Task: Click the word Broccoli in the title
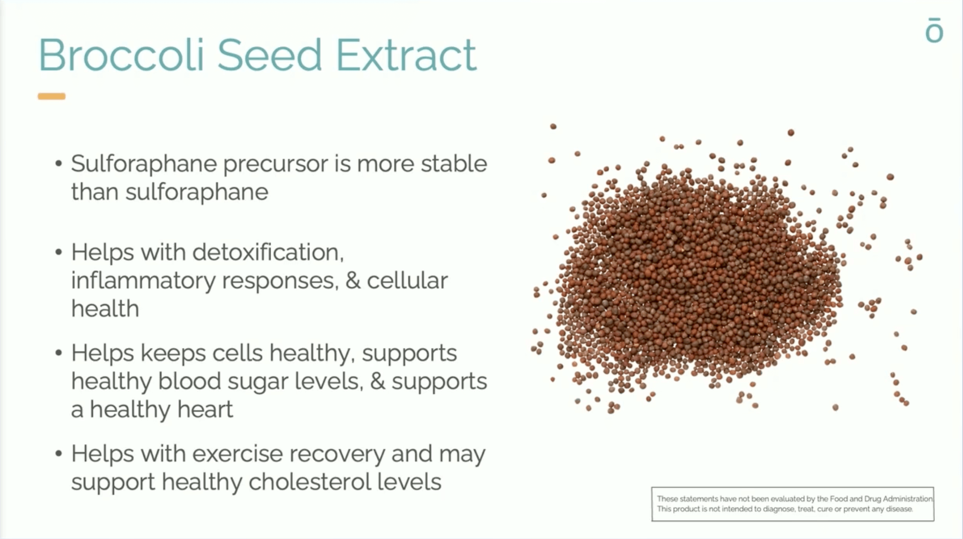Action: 122,55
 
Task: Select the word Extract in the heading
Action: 406,55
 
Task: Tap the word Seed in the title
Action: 270,55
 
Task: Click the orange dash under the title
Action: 52,96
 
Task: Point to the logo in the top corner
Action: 934,30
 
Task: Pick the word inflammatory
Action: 143,281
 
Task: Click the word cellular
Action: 407,281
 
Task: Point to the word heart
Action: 205,409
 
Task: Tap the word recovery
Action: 337,454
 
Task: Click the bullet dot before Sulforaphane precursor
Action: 59,164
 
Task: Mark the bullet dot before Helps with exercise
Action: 59,454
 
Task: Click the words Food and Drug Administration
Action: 881,499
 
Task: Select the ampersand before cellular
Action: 353,281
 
